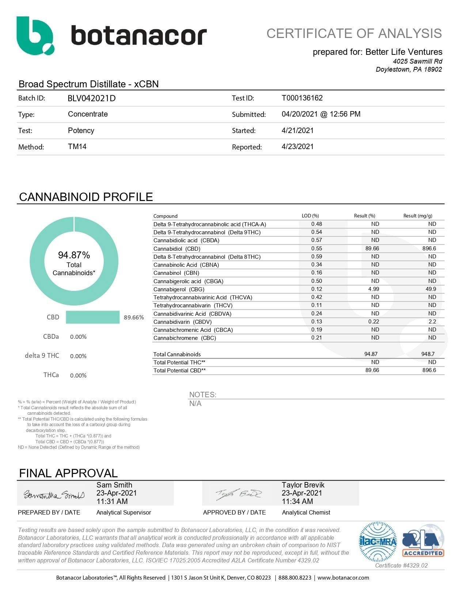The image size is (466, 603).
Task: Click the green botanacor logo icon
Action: point(35,35)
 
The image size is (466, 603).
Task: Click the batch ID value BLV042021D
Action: point(91,98)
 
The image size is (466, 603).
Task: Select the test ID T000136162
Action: point(302,98)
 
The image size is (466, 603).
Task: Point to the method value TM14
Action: point(77,147)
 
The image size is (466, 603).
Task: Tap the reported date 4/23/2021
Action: point(298,147)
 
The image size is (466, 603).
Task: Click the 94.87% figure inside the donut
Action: point(74,255)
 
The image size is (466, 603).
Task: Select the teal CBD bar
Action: point(92,317)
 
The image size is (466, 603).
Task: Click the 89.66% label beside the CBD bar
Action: point(134,317)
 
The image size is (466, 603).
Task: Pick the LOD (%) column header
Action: point(310,216)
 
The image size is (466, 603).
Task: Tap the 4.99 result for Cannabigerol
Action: point(374,289)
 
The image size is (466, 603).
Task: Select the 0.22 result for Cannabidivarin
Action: point(374,322)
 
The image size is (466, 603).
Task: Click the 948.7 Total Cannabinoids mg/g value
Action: point(428,354)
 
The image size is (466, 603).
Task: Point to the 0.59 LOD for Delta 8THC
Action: point(317,257)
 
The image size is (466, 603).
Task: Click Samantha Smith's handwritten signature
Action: point(54,495)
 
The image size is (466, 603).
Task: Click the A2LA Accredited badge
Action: point(423,543)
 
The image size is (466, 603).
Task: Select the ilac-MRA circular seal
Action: point(378,542)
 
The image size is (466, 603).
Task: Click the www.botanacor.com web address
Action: point(343,578)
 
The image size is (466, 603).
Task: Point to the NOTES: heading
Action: point(202,395)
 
